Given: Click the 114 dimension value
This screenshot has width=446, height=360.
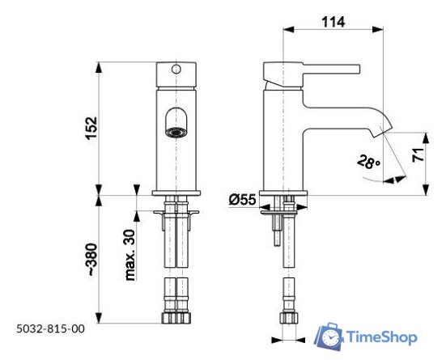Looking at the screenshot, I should tap(333, 23).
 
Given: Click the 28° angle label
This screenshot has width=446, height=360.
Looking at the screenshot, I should tap(368, 162).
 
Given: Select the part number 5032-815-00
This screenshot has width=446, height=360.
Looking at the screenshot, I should tap(49, 328).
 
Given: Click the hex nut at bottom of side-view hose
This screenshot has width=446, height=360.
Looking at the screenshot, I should tap(287, 318).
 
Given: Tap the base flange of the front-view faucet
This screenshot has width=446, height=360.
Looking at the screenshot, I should tap(176, 192).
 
